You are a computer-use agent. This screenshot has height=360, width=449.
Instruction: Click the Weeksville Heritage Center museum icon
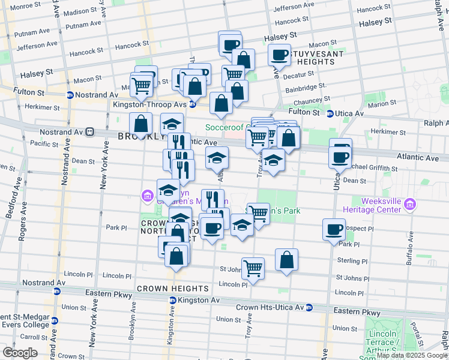click(x=411, y=205)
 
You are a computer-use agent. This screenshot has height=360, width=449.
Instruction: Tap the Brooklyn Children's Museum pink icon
click(x=146, y=196)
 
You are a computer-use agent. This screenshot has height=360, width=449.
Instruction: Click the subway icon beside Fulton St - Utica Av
click(x=330, y=113)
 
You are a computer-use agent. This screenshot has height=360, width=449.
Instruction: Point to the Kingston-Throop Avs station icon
click(x=193, y=104)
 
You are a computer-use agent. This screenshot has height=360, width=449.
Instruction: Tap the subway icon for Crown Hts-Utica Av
click(x=309, y=307)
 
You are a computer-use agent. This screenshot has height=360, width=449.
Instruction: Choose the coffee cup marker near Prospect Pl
click(x=334, y=229)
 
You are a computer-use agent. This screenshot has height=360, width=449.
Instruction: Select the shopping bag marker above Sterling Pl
click(x=287, y=260)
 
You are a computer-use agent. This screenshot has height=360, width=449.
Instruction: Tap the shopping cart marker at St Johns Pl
click(x=253, y=268)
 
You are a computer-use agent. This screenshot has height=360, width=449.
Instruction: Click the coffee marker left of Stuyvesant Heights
click(x=279, y=55)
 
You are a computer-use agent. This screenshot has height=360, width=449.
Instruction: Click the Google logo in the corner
click(x=20, y=353)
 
